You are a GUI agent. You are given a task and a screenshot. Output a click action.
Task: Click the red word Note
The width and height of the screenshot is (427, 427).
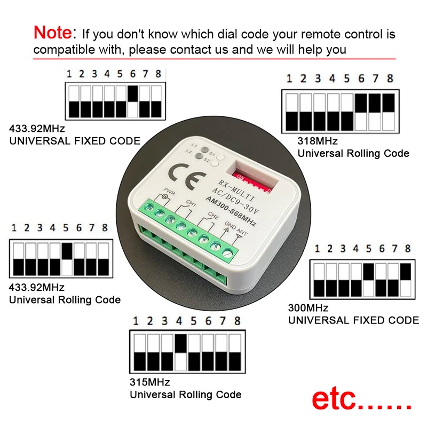point(52,33)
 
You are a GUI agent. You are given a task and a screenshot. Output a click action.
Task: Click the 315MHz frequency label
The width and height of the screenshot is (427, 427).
point(150,383)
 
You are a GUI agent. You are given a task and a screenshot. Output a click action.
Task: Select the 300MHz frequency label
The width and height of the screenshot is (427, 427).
point(308,308)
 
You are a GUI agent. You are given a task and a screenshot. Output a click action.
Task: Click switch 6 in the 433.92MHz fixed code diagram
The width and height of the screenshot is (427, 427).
point(133,101)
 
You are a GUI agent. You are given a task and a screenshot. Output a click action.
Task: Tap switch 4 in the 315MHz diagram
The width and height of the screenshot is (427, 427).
point(180,352)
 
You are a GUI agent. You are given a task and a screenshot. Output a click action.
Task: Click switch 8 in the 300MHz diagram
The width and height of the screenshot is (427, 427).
point(407,280)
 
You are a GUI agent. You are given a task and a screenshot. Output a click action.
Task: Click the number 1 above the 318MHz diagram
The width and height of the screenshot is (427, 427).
point(289,79)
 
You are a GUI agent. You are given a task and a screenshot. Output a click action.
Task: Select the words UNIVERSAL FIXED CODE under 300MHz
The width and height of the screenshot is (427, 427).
point(353,320)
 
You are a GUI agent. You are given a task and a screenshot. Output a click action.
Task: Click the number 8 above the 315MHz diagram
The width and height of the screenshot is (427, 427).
point(237,321)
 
